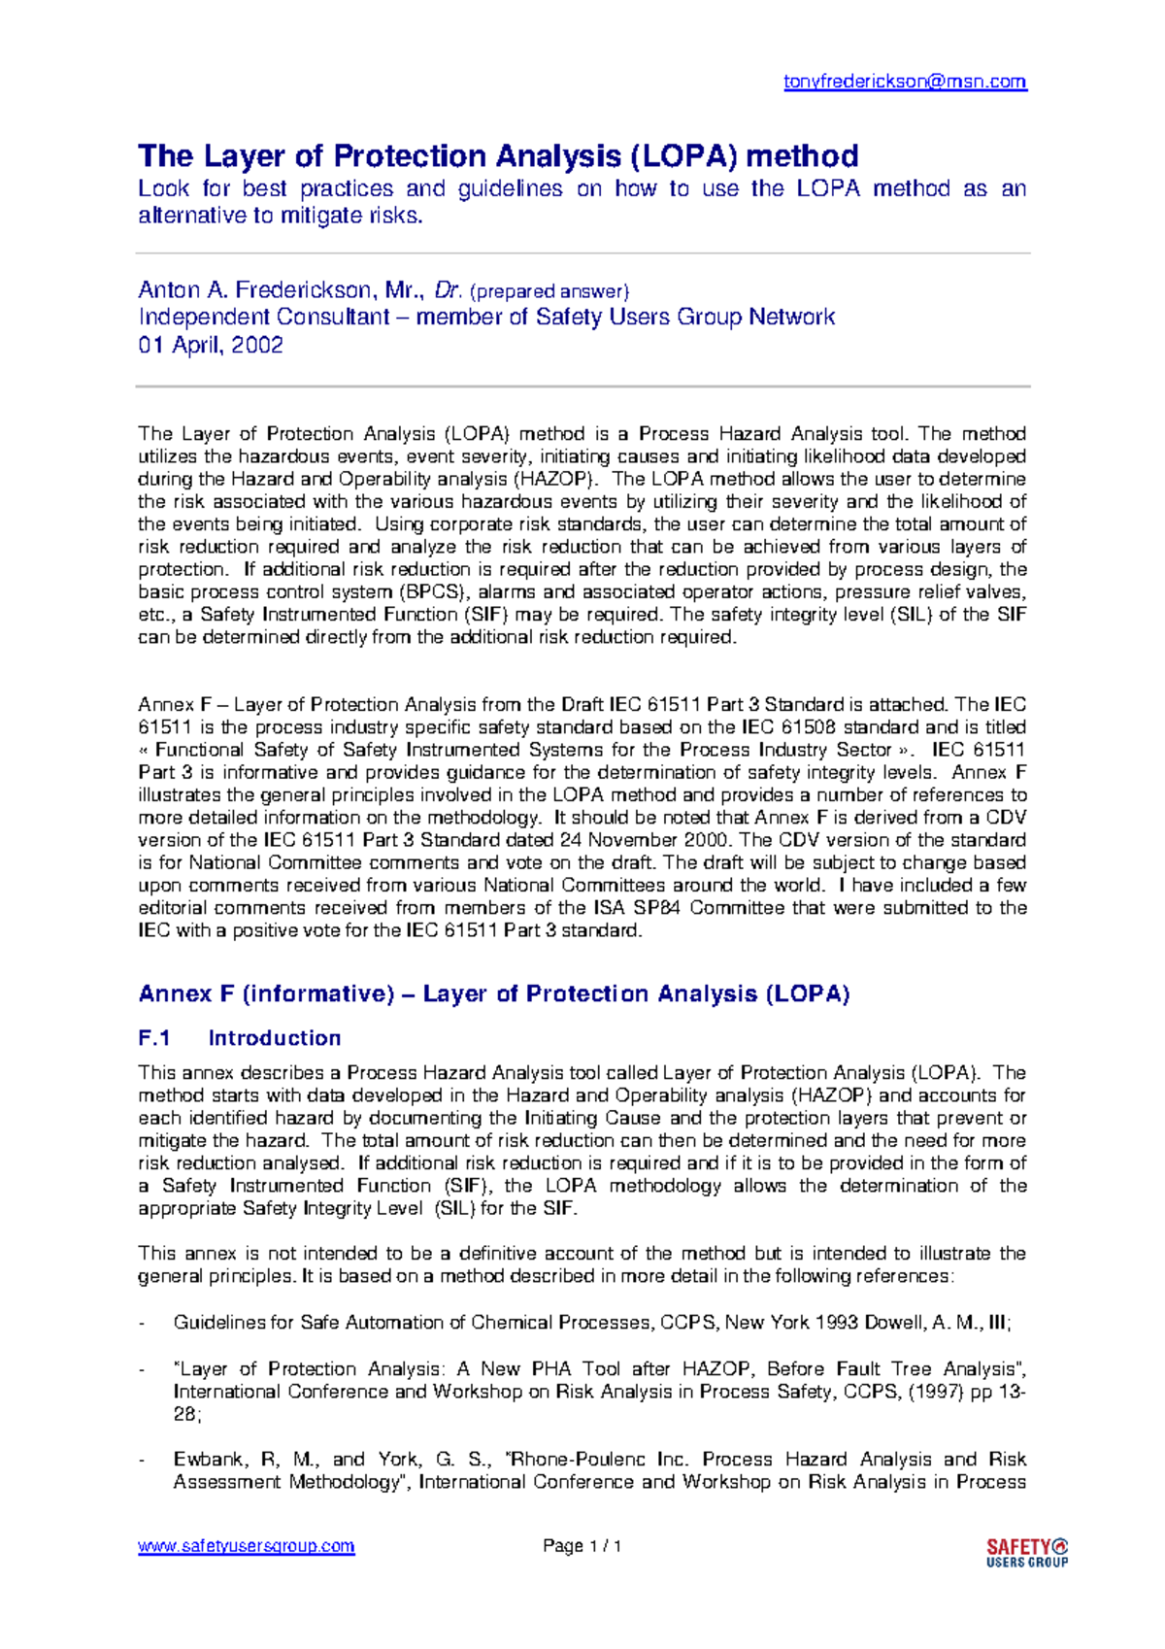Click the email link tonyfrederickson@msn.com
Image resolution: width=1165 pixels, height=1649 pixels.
[x=905, y=82]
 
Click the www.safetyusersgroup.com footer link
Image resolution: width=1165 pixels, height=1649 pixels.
[x=246, y=1545]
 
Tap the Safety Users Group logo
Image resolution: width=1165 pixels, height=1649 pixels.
[x=1026, y=1552]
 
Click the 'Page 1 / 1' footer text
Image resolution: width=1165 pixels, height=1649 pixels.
[x=582, y=1545]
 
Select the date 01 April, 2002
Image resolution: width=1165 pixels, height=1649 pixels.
[x=211, y=345]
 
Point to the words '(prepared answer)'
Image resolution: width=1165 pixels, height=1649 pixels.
[x=549, y=290]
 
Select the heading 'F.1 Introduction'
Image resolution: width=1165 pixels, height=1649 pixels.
[x=240, y=1037]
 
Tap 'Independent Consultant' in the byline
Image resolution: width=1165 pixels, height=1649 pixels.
[x=263, y=317]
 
